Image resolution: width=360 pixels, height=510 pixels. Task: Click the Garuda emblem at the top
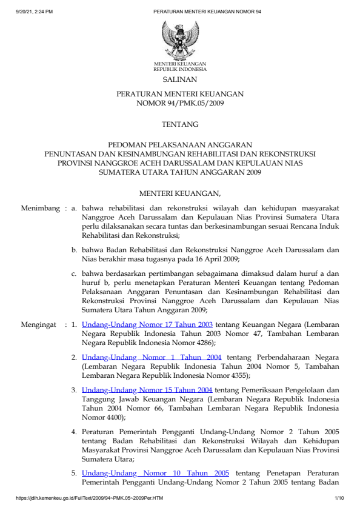coord(179,39)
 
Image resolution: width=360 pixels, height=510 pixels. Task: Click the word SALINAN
coord(179,79)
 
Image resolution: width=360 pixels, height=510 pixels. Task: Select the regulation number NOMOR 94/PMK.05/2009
coord(179,103)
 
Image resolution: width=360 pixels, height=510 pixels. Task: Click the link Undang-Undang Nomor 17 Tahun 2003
coord(147,324)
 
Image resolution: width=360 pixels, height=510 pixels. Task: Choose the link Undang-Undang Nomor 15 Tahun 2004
coord(147,391)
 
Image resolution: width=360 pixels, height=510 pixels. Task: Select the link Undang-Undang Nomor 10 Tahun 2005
coord(155,472)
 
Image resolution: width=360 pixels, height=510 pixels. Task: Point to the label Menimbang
coord(39,207)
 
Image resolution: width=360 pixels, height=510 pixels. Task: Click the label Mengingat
coord(39,324)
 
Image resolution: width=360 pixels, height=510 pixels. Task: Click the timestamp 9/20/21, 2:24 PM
coord(35,12)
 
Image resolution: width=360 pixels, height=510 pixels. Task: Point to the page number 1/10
coord(339,498)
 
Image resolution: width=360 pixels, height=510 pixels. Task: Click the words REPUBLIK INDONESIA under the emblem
coord(179,69)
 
